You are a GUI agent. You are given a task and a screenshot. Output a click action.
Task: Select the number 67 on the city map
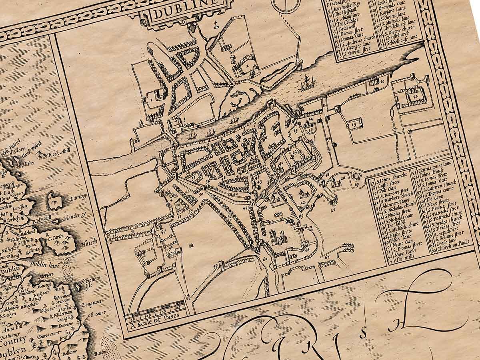point(327,256)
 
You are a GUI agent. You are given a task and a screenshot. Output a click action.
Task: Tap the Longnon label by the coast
point(91,304)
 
